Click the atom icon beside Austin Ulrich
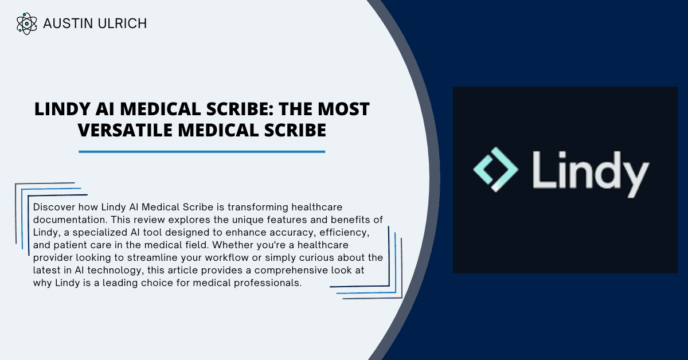click(x=27, y=24)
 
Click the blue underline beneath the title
click(x=202, y=152)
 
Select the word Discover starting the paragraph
click(x=53, y=206)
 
